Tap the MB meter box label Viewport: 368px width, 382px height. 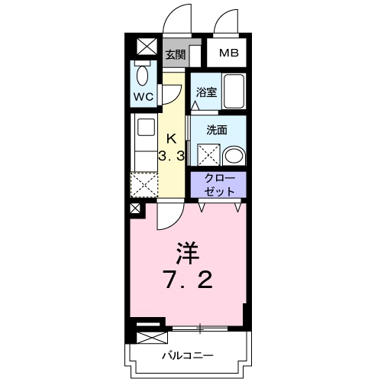pyautogui.click(x=228, y=53)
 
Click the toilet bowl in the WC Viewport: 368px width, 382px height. pyautogui.click(x=143, y=76)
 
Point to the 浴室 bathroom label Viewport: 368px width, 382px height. pyautogui.click(x=205, y=92)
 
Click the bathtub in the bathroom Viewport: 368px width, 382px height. pyautogui.click(x=233, y=92)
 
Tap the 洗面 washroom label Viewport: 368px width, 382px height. pyautogui.click(x=217, y=130)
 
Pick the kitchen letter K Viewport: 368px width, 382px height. pyautogui.click(x=172, y=138)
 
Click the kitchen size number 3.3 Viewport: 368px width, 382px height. pyautogui.click(x=172, y=156)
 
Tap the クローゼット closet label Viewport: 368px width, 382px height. pyautogui.click(x=218, y=184)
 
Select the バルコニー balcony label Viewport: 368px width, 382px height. pyautogui.click(x=187, y=356)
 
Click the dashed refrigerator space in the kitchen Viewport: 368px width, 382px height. pyautogui.click(x=143, y=184)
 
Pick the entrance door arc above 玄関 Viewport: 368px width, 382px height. pyautogui.click(x=177, y=19)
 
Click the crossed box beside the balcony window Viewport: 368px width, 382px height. pyautogui.click(x=150, y=334)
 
